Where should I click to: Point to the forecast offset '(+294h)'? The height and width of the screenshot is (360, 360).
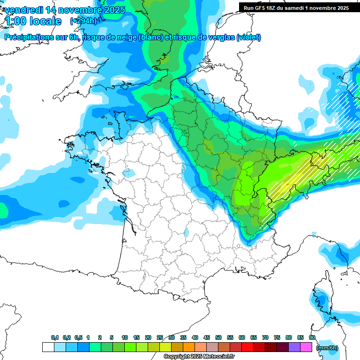pos(83,21)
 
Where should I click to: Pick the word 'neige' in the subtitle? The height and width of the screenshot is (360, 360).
pos(126,37)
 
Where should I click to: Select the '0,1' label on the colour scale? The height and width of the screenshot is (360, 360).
pos(55,338)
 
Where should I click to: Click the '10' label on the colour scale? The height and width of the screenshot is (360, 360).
pos(125,338)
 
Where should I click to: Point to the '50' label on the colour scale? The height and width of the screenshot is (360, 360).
pos(218,338)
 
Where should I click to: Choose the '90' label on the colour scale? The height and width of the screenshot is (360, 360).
pos(312,338)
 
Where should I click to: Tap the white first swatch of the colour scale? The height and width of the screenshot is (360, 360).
pos(48,347)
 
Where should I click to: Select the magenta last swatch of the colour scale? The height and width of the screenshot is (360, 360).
pos(306,347)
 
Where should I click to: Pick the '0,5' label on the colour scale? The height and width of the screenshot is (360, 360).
pos(78,338)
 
